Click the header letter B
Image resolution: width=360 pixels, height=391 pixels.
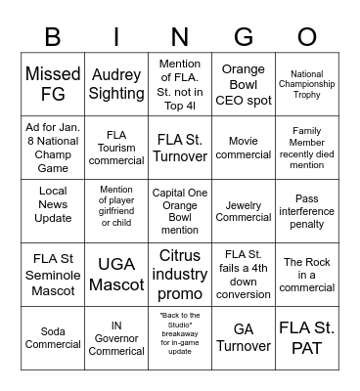(x=53, y=36)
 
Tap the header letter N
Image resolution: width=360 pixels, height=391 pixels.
(x=180, y=36)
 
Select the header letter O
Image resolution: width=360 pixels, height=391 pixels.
(x=307, y=36)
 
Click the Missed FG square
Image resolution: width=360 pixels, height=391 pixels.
(x=53, y=85)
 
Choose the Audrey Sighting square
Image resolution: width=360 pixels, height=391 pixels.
(x=116, y=85)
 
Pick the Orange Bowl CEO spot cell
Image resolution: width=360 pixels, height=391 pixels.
(x=244, y=85)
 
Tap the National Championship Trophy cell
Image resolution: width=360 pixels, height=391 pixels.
(x=307, y=85)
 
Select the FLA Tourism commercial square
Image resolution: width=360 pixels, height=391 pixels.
(x=116, y=149)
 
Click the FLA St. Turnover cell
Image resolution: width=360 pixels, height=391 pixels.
(x=180, y=149)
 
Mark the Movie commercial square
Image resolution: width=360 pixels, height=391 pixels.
(x=244, y=149)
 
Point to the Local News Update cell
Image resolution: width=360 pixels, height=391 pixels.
(x=53, y=211)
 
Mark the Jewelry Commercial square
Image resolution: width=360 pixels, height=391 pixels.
(x=244, y=211)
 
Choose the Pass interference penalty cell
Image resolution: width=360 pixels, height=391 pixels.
(x=307, y=211)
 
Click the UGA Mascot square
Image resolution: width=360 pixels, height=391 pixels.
(x=116, y=275)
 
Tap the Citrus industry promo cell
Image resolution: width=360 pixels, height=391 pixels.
(x=180, y=275)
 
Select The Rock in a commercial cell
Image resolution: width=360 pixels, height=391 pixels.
(x=307, y=275)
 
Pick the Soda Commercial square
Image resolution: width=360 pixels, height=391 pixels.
(x=53, y=338)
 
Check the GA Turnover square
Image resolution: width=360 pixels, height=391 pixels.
(x=244, y=338)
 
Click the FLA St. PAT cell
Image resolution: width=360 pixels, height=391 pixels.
(x=307, y=338)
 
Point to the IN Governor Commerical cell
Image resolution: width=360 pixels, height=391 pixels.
(x=116, y=338)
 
